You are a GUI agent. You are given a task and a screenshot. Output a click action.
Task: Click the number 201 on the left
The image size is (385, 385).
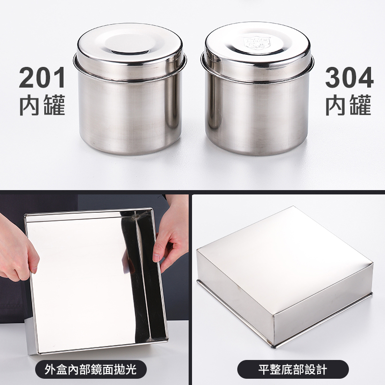(42, 77)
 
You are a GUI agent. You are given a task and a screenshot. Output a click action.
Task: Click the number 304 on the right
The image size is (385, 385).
(349, 77)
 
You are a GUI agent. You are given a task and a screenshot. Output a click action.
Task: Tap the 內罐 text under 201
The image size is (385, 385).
(42, 105)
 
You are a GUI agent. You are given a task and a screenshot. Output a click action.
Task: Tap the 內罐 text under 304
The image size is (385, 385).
(348, 105)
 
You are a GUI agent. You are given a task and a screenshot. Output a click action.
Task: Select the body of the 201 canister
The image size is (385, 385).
(130, 115)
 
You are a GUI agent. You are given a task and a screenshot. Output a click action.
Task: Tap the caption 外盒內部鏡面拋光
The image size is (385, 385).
(90, 369)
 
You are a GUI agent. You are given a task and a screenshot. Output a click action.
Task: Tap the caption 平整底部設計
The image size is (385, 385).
(293, 369)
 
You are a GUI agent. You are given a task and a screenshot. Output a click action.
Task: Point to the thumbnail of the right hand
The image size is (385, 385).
(156, 258)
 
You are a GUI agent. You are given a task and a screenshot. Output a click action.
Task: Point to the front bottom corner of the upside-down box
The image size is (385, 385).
(274, 346)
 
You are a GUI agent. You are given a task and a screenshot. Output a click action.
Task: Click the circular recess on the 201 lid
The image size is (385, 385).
(129, 45)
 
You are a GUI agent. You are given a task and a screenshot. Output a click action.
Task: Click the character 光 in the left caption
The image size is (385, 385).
(131, 369)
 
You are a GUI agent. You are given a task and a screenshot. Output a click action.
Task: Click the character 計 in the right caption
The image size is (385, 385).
(321, 369)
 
